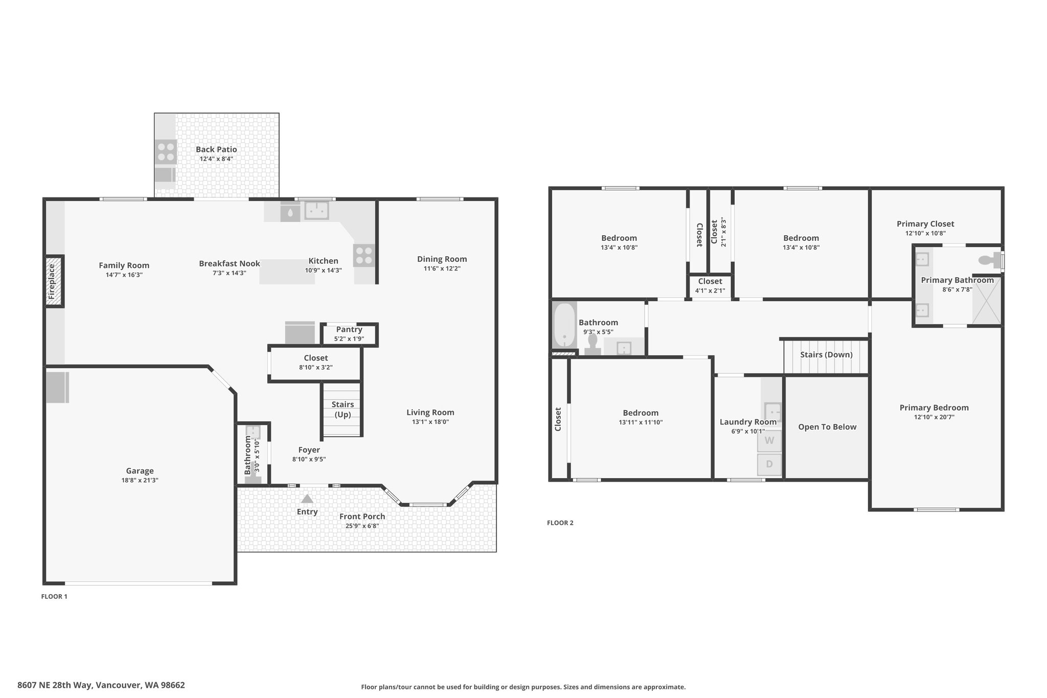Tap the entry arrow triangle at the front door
point(307,499)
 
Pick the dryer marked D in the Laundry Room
point(769,464)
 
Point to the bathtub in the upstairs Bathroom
point(564,325)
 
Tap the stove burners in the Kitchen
point(364,255)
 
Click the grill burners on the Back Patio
point(166,152)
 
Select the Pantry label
point(349,329)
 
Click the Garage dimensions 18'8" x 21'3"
point(140,480)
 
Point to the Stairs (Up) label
point(343,409)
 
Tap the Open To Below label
point(827,427)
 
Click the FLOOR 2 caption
point(560,523)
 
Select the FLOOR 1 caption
point(54,596)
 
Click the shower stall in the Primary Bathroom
point(986,300)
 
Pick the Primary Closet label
point(925,223)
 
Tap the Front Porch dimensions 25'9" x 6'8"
point(362,526)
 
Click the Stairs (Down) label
point(826,354)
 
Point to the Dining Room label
point(442,259)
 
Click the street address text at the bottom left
point(101,685)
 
